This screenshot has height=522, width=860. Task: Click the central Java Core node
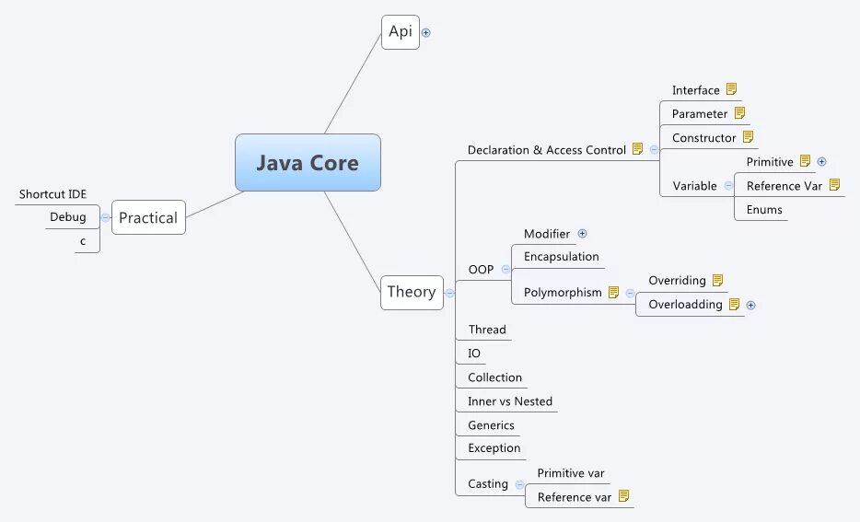pyautogui.click(x=308, y=163)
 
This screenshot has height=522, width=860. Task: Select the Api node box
pyautogui.click(x=401, y=31)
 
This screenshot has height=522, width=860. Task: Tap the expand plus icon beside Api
pyautogui.click(x=425, y=32)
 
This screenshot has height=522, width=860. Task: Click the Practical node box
pyautogui.click(x=148, y=218)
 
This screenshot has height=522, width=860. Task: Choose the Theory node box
pyautogui.click(x=412, y=292)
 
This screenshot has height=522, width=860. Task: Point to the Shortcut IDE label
pyautogui.click(x=53, y=194)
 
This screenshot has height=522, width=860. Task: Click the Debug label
pyautogui.click(x=68, y=217)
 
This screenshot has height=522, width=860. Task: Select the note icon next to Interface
pyautogui.click(x=731, y=89)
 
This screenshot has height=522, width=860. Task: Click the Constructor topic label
pyautogui.click(x=704, y=138)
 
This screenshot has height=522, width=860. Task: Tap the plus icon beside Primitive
pyautogui.click(x=822, y=161)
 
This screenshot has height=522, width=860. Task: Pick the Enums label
pyautogui.click(x=764, y=210)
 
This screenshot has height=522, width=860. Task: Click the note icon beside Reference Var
pyautogui.click(x=834, y=185)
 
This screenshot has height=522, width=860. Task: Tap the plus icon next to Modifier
pyautogui.click(x=582, y=234)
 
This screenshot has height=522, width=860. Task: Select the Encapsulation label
pyautogui.click(x=562, y=257)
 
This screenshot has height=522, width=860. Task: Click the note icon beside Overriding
pyautogui.click(x=717, y=280)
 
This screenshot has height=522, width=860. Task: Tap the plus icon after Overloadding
pyautogui.click(x=750, y=305)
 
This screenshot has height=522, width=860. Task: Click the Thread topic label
pyautogui.click(x=487, y=330)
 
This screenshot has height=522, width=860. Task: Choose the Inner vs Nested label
pyautogui.click(x=510, y=401)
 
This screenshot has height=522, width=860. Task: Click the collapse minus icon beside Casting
pyautogui.click(x=519, y=484)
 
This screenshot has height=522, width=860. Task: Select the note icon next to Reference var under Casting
pyautogui.click(x=623, y=496)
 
